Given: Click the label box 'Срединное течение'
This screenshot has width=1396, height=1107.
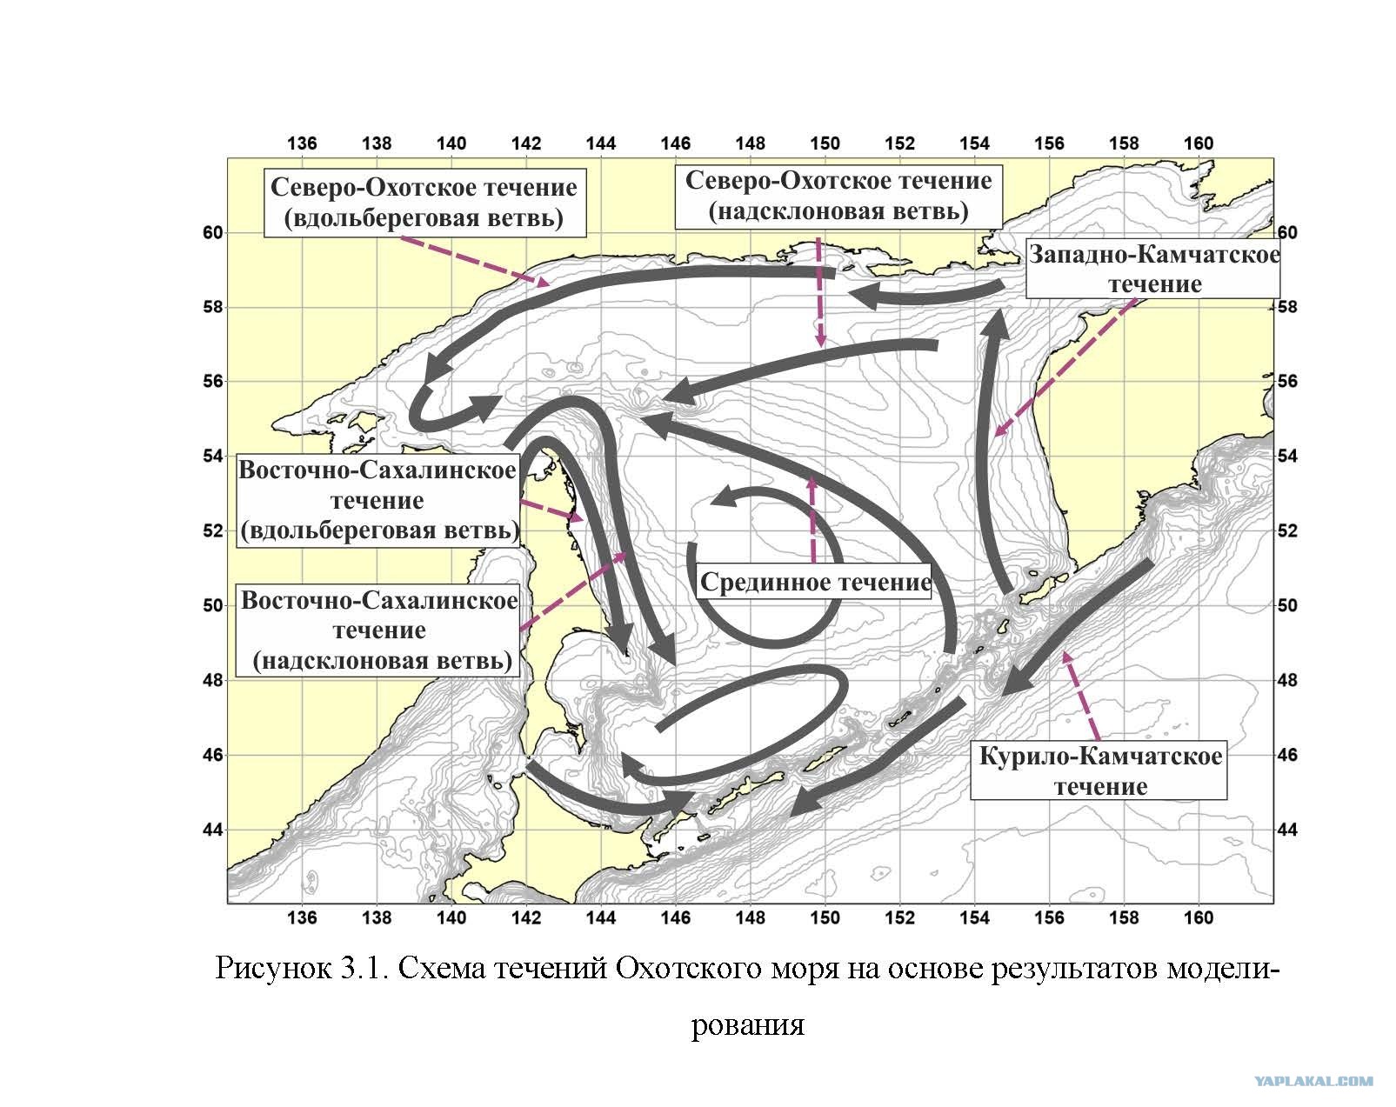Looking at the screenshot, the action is [815, 582].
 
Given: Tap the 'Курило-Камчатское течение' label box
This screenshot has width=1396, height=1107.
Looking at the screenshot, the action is [1099, 771].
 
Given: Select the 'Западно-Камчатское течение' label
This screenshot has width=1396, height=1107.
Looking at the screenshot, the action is [1153, 269].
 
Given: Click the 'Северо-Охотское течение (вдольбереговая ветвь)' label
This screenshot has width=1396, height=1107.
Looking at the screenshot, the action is [425, 203].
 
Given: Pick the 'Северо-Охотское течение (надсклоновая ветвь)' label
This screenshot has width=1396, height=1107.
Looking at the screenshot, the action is [838, 196].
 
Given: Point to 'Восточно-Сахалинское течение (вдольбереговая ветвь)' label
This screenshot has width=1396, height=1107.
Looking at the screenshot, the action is [378, 501].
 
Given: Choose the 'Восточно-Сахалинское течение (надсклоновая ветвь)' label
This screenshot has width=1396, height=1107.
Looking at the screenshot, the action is [378, 630].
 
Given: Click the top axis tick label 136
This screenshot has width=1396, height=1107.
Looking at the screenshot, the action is [302, 143].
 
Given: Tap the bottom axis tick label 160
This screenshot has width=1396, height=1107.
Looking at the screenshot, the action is [1199, 917].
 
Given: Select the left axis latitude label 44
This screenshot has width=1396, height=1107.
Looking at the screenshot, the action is [213, 830].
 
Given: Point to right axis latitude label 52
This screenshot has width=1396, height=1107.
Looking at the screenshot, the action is [1287, 531].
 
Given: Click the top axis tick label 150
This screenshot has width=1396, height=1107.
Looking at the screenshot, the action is [825, 143].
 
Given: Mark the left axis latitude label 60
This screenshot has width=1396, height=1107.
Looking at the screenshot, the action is [213, 233].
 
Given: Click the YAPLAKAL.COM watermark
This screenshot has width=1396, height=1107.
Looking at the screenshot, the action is [1313, 1081].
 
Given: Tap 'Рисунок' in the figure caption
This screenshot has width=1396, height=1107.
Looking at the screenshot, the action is [273, 969].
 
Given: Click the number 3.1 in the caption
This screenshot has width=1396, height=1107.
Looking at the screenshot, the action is [364, 969].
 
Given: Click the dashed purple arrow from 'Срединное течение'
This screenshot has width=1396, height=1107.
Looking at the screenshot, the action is [812, 519].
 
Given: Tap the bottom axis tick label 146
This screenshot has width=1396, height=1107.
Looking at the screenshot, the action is [675, 917].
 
